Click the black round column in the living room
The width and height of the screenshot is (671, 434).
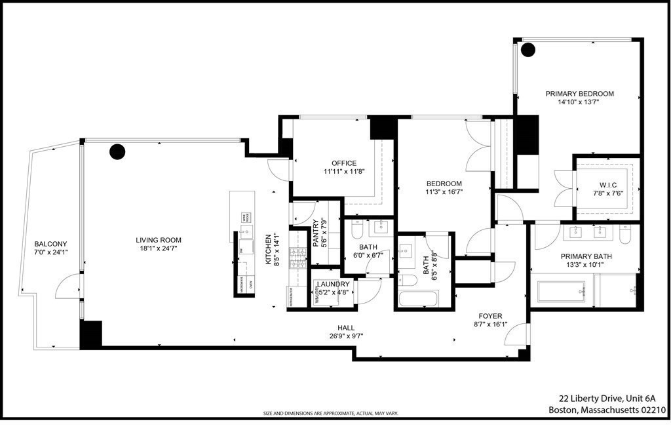pyautogui.click(x=117, y=152)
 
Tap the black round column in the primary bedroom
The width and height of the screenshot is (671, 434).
pyautogui.click(x=528, y=49)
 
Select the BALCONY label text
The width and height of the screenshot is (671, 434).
pyautogui.click(x=50, y=244)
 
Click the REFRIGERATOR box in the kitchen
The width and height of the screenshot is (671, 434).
pyautogui.click(x=290, y=296)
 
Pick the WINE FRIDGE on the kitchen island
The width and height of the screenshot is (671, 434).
pyautogui.click(x=246, y=217)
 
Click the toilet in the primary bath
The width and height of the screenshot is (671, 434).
pyautogui.click(x=626, y=233)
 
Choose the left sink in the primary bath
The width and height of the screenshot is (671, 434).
pyautogui.click(x=576, y=231)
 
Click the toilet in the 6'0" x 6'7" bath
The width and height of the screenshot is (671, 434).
pyautogui.click(x=358, y=231)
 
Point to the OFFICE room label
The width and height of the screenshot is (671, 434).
pyautogui.click(x=344, y=163)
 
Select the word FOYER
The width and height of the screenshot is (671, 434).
pyautogui.click(x=489, y=315)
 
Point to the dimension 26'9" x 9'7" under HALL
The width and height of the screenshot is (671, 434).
pyautogui.click(x=346, y=336)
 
